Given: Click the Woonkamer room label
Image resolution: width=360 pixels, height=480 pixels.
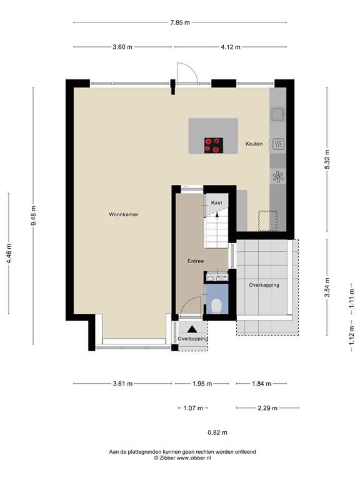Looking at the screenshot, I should click(122, 214).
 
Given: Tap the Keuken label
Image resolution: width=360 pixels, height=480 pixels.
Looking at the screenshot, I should click(254, 144).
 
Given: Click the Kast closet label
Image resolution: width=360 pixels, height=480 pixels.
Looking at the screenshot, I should click(217, 203).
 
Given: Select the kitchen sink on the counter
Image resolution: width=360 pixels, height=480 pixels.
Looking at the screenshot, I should click(277, 114).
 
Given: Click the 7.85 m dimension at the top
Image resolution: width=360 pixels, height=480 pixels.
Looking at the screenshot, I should click(179, 22).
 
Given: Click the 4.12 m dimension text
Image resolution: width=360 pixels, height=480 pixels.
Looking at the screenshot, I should click(229, 47).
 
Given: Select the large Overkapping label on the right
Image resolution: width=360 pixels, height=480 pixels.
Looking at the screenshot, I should click(264, 285).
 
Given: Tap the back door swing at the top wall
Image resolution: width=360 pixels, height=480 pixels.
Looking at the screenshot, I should click(186, 72).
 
